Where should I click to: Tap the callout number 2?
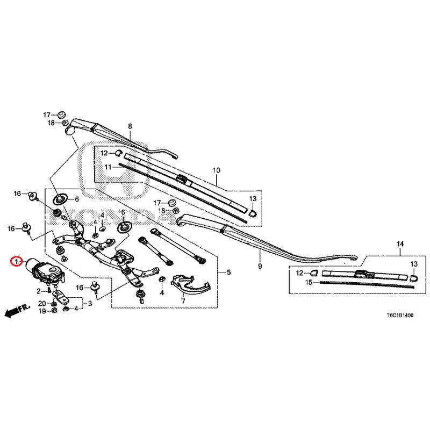39,291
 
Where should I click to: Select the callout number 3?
90,304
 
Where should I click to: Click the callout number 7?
183,302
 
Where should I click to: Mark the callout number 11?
107,167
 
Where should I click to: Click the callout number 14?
399,245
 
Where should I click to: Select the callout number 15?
309,282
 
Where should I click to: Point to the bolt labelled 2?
50,291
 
